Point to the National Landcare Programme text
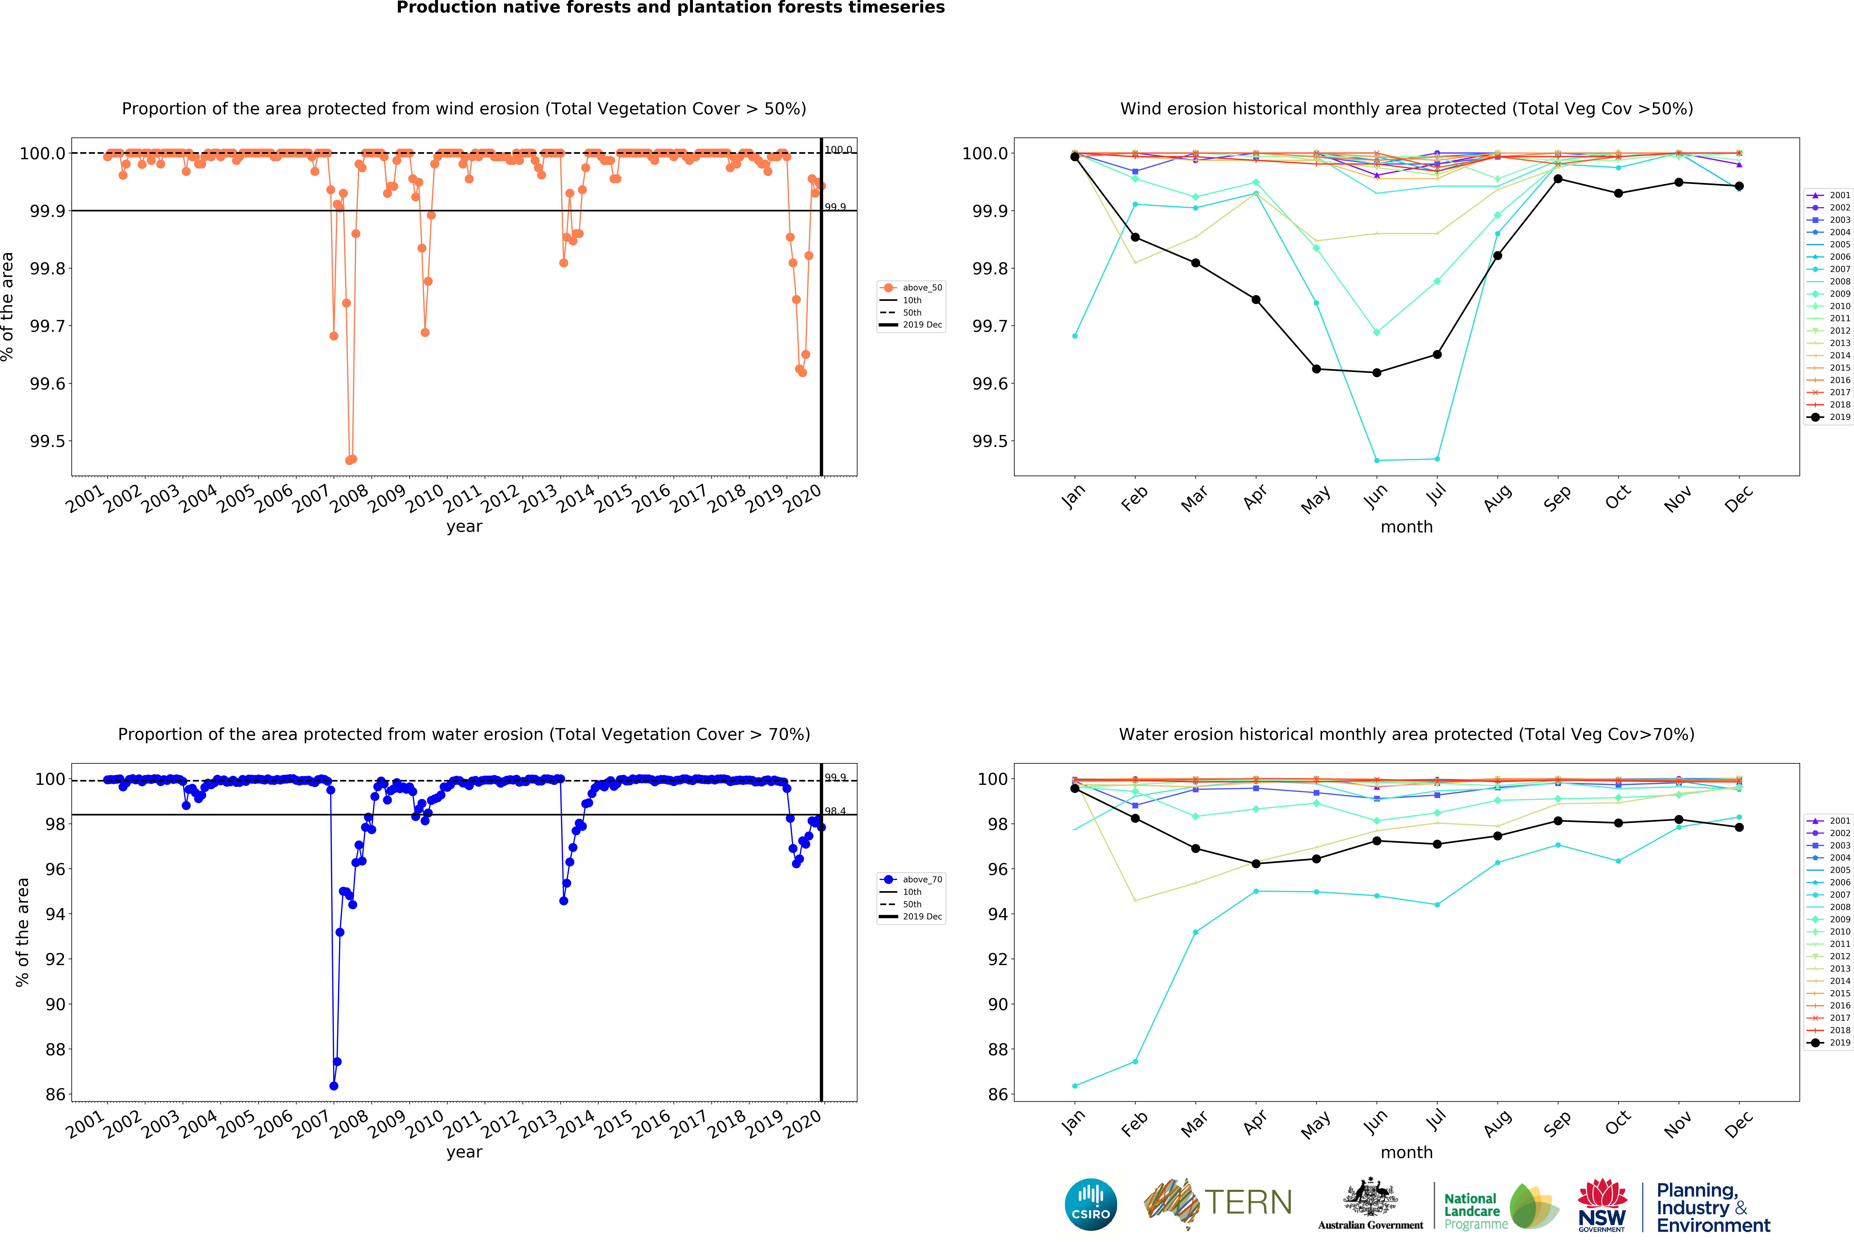point(1476,1211)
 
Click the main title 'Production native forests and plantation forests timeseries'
point(670,8)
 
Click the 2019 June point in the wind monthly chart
point(1376,372)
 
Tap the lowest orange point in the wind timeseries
point(349,460)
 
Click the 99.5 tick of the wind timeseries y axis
point(48,441)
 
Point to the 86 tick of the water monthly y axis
point(997,1094)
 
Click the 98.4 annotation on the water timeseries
point(835,811)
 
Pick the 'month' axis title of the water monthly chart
point(1406,1153)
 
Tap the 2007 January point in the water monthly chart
point(1075,1086)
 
